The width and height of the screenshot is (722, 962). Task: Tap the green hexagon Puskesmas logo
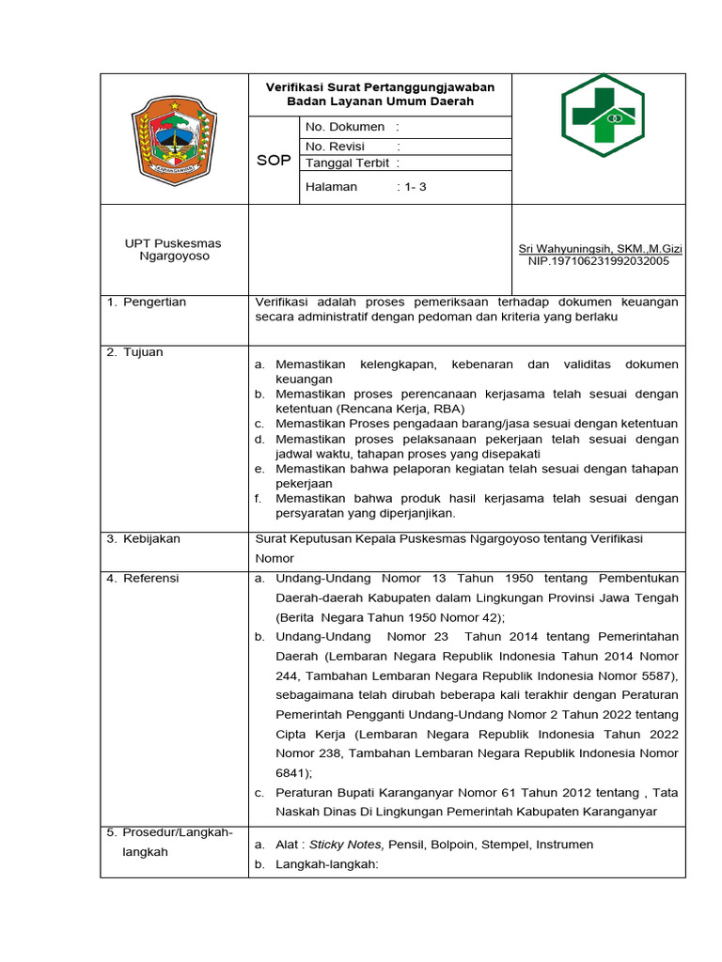pos(603,116)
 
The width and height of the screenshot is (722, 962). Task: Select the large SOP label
pos(274,161)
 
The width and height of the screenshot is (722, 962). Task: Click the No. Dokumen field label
pos(345,127)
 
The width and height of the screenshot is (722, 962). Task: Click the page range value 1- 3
pos(415,187)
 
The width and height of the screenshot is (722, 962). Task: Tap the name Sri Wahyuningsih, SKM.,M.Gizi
pos(601,249)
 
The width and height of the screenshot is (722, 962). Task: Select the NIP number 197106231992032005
pos(599,261)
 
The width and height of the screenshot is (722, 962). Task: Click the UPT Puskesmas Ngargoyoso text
pos(174,250)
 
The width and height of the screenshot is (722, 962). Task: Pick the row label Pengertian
pos(155,303)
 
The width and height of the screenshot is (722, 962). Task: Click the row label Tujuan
pos(143,352)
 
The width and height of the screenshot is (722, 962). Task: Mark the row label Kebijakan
pos(151,539)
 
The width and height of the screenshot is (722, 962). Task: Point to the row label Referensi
pos(150,579)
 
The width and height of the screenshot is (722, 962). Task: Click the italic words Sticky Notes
pos(346,845)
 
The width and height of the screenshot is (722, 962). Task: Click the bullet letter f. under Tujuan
pos(258,499)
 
